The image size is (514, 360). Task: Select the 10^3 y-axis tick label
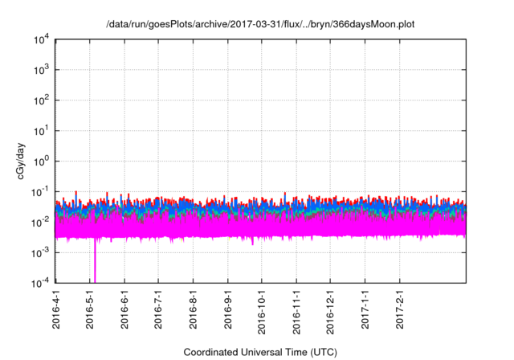coord(41,71)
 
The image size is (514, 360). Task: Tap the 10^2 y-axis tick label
coord(41,101)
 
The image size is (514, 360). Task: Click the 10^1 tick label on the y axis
coord(41,131)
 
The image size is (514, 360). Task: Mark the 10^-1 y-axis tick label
coord(40,192)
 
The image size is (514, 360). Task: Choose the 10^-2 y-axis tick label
coord(40,222)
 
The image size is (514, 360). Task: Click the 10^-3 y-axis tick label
coord(40,252)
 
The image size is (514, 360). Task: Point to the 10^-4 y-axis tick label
coord(40,283)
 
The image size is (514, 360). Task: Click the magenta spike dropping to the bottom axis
coord(95,265)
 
